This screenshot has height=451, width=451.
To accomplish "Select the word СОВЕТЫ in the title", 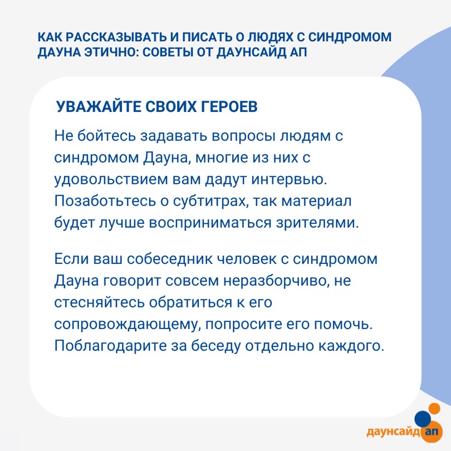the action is (168, 52).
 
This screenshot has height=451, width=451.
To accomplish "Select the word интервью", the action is (290, 179).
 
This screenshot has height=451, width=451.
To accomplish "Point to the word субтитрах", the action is (210, 202).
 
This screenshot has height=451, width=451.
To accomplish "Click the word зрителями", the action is (317, 223).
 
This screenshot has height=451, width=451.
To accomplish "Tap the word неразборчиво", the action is (276, 281).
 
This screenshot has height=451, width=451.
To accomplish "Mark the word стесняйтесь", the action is (99, 302).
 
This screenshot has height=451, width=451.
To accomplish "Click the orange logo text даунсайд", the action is (393, 432).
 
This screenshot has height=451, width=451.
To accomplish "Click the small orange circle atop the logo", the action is (434, 409).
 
